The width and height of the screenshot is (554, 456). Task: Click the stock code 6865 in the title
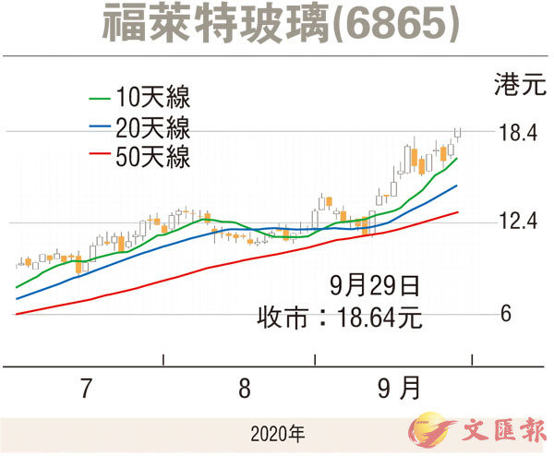click(x=396, y=25)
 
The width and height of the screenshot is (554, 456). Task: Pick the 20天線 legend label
click(x=153, y=127)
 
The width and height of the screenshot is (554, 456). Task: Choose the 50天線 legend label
click(x=153, y=158)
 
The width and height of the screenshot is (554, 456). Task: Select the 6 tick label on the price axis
click(x=506, y=314)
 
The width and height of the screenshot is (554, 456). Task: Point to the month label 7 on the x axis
click(x=86, y=390)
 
